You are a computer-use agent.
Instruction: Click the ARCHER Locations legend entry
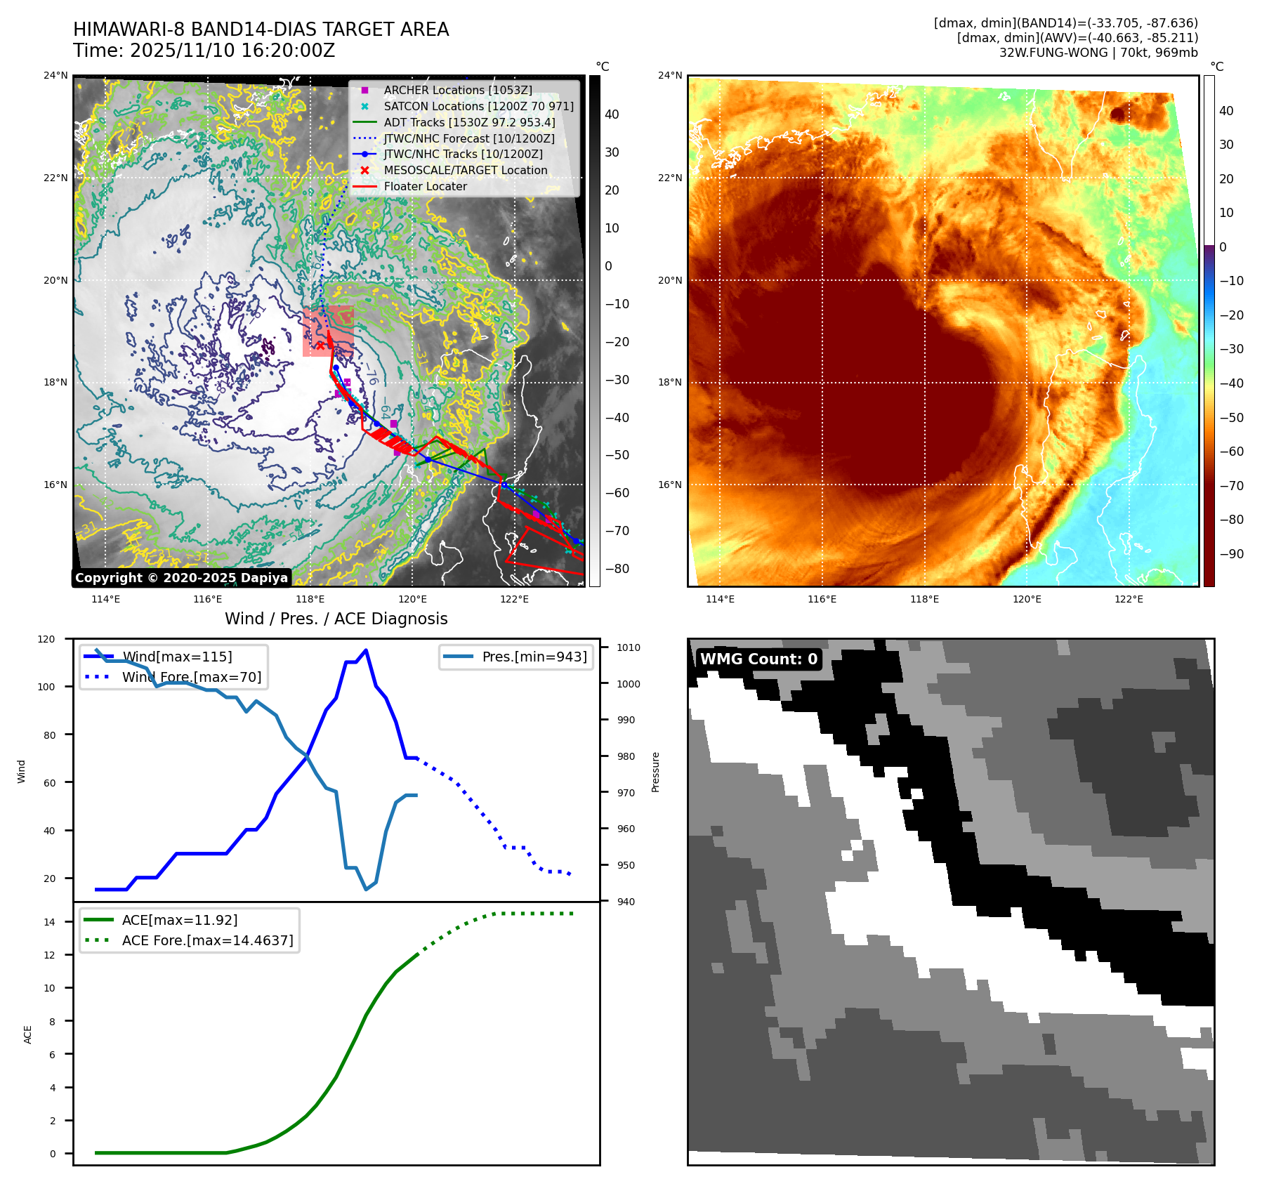click(x=457, y=90)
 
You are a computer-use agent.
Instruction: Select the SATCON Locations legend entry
click(x=478, y=106)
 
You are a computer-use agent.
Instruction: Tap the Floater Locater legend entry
click(x=425, y=186)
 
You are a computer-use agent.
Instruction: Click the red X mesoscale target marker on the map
click(x=320, y=346)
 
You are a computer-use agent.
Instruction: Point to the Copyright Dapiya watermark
click(x=181, y=578)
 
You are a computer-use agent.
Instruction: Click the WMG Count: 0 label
click(x=758, y=659)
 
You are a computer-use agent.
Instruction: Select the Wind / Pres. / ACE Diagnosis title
click(x=336, y=619)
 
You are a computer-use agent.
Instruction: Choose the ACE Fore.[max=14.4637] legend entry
click(x=207, y=940)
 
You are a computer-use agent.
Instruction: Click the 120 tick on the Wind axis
click(x=46, y=639)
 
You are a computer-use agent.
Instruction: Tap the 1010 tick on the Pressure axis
click(x=629, y=647)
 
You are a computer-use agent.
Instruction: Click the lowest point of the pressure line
click(x=366, y=890)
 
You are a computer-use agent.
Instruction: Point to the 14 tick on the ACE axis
click(x=49, y=922)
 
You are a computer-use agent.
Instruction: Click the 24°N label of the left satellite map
click(x=56, y=76)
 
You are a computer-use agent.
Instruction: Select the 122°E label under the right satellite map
click(x=1129, y=599)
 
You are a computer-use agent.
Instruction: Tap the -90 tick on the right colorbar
click(x=1231, y=553)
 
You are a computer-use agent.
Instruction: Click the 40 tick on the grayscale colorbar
click(x=612, y=114)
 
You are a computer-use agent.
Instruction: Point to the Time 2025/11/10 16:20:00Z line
click(x=204, y=51)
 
